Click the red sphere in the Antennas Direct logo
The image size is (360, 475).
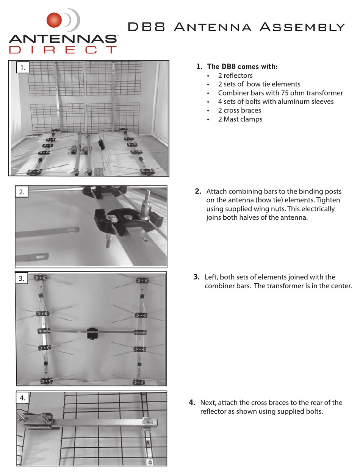54,20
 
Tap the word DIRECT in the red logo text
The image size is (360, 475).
63,50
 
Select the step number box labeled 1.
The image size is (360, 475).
23,68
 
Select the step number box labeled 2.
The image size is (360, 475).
22,192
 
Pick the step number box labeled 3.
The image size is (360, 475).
22,278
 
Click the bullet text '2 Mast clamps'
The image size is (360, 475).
240,119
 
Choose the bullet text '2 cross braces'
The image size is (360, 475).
239,110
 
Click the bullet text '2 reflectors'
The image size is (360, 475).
235,75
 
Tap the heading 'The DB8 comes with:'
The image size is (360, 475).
242,67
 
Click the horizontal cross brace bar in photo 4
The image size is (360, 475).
102,421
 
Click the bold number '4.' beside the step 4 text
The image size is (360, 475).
192,402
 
